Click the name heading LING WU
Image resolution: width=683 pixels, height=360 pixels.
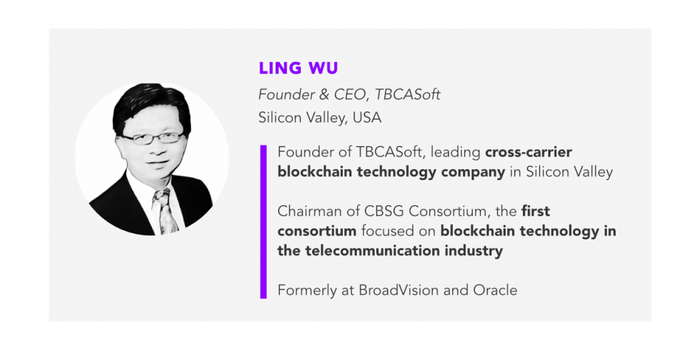[x=298, y=68]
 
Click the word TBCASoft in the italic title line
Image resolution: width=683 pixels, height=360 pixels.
[x=408, y=95]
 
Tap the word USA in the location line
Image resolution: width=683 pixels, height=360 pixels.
[x=367, y=117]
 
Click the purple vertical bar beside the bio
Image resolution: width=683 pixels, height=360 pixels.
[x=263, y=221]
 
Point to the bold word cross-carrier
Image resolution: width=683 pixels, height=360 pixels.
[x=528, y=152]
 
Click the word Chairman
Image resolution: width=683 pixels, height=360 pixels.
[x=307, y=211]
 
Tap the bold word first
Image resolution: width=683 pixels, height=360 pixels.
[x=536, y=211]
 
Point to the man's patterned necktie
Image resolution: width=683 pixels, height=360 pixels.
[x=166, y=211]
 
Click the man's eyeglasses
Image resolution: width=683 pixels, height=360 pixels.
[x=153, y=139]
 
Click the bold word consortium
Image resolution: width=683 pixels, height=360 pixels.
[x=317, y=231]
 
